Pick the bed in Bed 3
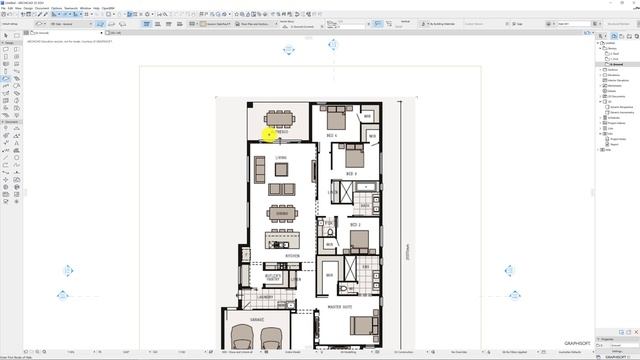click(x=353, y=156)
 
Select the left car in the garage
click(x=241, y=338)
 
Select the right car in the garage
click(x=272, y=338)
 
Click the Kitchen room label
click(x=292, y=256)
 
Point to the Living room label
click(x=282, y=157)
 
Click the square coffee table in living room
click(x=281, y=170)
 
